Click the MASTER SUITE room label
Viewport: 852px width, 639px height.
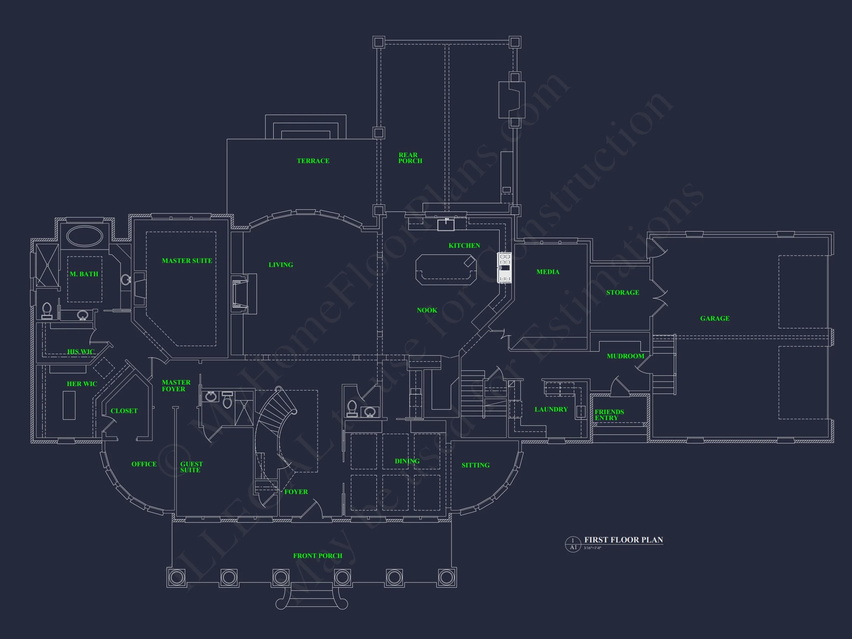187,261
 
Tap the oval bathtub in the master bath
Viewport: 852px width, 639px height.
85,236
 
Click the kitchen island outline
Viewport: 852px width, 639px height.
446,270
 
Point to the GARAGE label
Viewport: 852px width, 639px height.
714,318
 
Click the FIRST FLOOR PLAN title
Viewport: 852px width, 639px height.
623,540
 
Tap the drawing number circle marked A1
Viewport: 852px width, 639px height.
573,544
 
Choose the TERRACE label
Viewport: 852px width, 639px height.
313,161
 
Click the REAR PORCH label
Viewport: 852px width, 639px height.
410,158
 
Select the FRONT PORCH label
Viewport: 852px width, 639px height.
317,556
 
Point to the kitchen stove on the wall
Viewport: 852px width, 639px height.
504,268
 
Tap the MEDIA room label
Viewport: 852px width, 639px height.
548,272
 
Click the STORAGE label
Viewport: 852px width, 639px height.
622,293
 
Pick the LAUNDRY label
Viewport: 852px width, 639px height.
551,409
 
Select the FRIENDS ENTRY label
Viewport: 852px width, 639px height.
609,415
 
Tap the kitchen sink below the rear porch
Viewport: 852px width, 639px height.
446,224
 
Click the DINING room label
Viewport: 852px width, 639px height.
407,461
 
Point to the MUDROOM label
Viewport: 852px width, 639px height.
625,356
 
